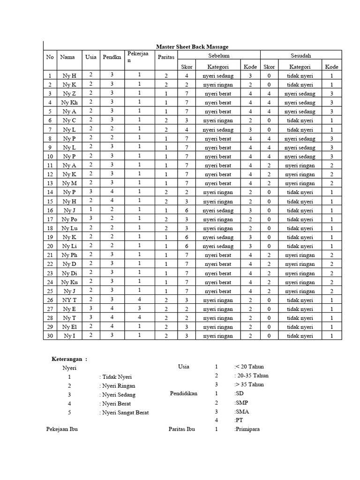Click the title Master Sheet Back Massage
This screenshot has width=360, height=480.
(x=192, y=46)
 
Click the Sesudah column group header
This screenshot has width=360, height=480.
(x=300, y=56)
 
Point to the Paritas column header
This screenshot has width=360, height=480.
(x=166, y=57)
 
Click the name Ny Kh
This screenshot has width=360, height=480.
(x=69, y=103)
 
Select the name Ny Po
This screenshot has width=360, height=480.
(x=69, y=219)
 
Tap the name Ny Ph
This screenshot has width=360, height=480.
(x=69, y=255)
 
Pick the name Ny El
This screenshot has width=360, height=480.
(x=69, y=327)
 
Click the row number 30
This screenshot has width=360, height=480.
(x=50, y=336)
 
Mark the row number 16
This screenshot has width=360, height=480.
(x=50, y=210)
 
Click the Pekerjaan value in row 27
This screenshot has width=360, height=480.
(x=139, y=308)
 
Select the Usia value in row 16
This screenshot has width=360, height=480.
(x=91, y=210)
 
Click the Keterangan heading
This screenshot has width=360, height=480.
(x=69, y=359)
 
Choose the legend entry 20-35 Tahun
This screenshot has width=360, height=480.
(x=251, y=375)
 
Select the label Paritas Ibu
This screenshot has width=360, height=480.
(x=182, y=429)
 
